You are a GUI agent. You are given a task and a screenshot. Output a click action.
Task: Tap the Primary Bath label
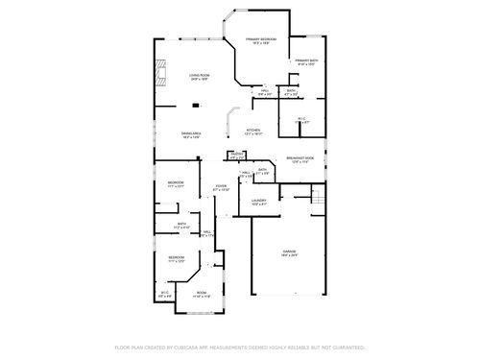point(306,60)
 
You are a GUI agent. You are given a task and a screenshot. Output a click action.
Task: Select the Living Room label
point(199,75)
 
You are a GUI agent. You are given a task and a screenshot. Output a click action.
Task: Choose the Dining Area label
point(190,133)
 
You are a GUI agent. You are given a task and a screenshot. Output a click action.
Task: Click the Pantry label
point(236,154)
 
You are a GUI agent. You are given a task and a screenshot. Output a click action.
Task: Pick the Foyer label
point(221,186)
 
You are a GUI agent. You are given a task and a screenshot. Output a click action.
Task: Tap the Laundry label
point(259,201)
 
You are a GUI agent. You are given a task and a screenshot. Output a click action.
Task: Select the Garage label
point(289,252)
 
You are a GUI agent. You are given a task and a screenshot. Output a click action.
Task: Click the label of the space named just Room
point(202,293)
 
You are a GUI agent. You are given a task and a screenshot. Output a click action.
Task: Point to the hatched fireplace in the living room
point(160,73)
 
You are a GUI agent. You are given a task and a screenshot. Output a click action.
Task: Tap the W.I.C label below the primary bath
point(300,119)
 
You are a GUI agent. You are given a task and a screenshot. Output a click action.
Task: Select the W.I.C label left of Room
point(164,293)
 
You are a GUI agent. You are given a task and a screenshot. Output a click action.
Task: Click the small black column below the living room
point(168,106)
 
